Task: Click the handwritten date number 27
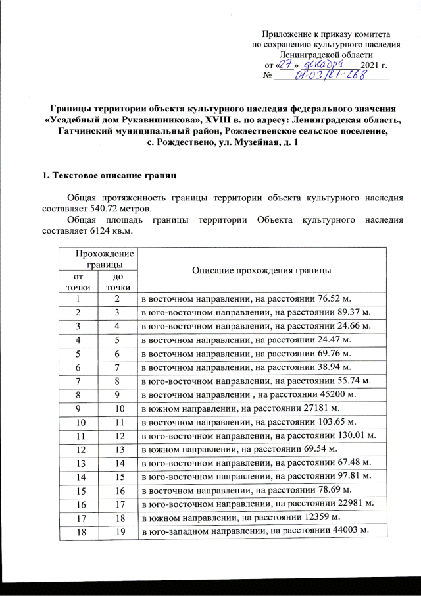coord(286,65)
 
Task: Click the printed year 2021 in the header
coord(371,66)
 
